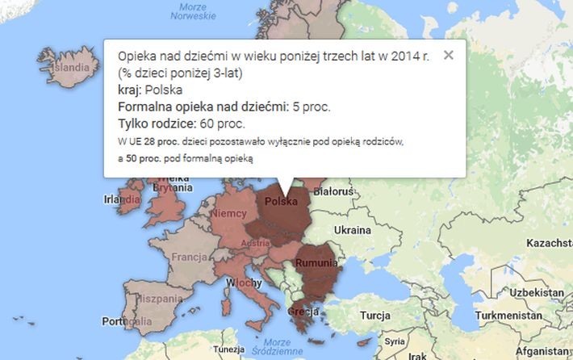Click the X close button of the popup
tap(449, 56)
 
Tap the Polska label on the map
tap(282, 201)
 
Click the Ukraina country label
tap(352, 230)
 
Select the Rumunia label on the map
tap(316, 263)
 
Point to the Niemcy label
tap(229, 215)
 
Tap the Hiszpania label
tap(144, 298)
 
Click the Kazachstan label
tap(550, 242)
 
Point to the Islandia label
tap(71, 67)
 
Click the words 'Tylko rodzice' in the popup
tap(153, 123)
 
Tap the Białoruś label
tap(334, 192)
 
